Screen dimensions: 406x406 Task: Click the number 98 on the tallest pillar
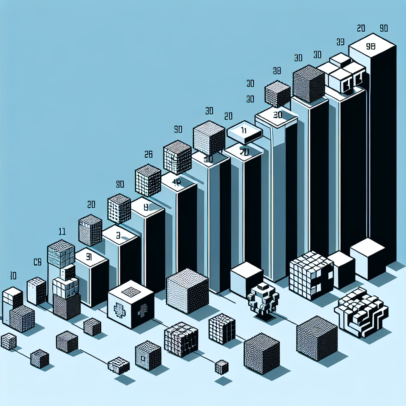[x=371, y=46]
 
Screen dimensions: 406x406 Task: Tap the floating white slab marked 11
[x=244, y=131]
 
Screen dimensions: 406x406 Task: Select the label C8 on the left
[x=37, y=262]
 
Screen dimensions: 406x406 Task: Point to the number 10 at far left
[x=13, y=275]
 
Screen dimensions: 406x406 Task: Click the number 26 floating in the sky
[x=149, y=154]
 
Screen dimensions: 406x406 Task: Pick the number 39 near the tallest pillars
[x=340, y=42]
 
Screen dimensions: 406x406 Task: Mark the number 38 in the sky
[x=278, y=71]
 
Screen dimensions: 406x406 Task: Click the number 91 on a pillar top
[x=89, y=257]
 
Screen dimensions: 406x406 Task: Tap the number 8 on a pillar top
[x=145, y=206]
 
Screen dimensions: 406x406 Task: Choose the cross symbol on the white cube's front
[x=119, y=309]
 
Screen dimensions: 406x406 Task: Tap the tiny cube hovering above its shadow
[x=221, y=367]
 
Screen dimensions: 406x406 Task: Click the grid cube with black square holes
[x=311, y=273]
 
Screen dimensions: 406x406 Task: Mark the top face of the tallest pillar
[x=372, y=46]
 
